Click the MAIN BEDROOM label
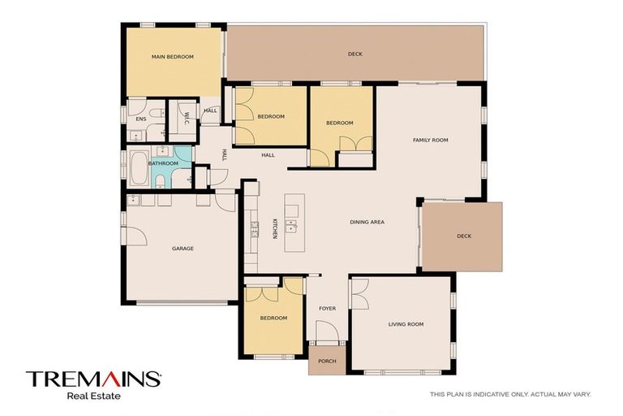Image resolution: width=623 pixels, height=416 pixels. point(173,57)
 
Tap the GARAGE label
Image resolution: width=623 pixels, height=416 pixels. point(183,249)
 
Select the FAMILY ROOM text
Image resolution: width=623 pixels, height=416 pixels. point(430,141)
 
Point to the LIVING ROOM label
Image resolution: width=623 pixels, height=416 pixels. point(406,324)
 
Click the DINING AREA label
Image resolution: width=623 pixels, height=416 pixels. point(367,222)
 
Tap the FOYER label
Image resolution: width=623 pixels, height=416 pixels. point(327,308)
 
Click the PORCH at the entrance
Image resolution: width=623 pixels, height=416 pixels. point(327,362)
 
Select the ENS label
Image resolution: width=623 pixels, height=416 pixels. point(140,119)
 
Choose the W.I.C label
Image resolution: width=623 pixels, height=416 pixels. point(187,117)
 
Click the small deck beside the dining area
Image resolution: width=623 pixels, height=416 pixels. point(462,236)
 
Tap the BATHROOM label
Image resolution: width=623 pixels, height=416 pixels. point(163,163)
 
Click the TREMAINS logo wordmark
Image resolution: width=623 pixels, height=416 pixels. point(93,379)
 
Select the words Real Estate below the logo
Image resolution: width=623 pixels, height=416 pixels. point(93,396)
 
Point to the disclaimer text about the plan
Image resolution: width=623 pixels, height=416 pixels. point(510,394)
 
